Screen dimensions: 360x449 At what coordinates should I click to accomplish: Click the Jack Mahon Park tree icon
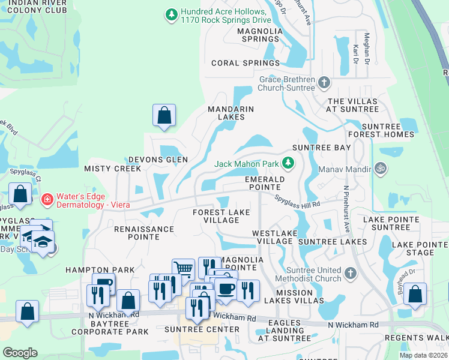pyautogui.click(x=289, y=163)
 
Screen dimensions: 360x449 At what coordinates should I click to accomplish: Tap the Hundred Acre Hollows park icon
pyautogui.click(x=172, y=14)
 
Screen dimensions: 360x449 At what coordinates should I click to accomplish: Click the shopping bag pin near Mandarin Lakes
pyautogui.click(x=164, y=115)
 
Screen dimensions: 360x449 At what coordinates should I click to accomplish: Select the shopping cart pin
pyautogui.click(x=183, y=269)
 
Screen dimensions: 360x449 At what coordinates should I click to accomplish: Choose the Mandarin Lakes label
pyautogui.click(x=231, y=113)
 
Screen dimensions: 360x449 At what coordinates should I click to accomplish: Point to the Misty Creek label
pyautogui.click(x=112, y=169)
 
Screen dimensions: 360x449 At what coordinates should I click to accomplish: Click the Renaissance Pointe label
pyautogui.click(x=144, y=233)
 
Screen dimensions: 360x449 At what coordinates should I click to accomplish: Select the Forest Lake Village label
pyautogui.click(x=221, y=216)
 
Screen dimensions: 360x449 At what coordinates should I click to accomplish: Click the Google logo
pyautogui.click(x=20, y=353)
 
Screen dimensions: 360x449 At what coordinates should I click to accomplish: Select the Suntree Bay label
pyautogui.click(x=321, y=148)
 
